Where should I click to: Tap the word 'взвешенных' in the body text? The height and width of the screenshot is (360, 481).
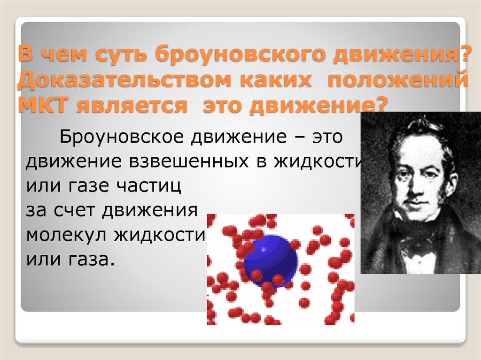(x=185, y=161)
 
